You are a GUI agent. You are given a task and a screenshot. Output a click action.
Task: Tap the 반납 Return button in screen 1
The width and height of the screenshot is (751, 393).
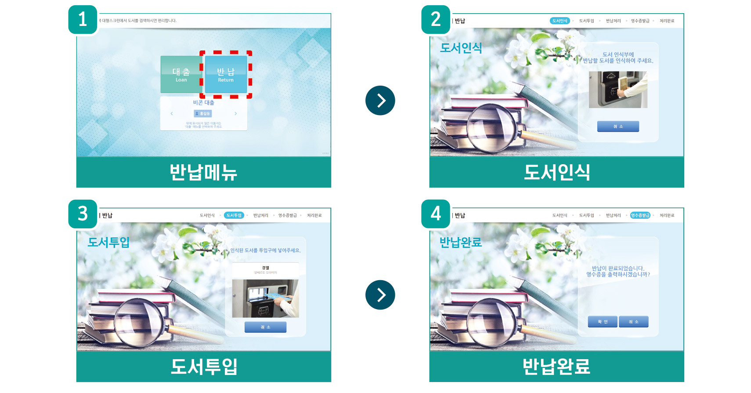(x=226, y=74)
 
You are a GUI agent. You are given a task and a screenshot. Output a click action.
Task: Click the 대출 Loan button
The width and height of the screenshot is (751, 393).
(x=181, y=74)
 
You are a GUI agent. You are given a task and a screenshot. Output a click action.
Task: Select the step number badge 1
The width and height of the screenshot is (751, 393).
(x=83, y=19)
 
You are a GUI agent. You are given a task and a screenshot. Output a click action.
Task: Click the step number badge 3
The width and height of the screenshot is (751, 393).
(x=83, y=214)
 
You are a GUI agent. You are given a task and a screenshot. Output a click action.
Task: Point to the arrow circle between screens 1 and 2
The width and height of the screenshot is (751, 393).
(x=380, y=101)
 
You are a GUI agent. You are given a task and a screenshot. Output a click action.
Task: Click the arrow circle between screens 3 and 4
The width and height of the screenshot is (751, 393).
(x=380, y=295)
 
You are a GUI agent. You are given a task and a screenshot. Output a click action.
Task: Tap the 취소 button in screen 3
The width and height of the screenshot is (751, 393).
(x=265, y=327)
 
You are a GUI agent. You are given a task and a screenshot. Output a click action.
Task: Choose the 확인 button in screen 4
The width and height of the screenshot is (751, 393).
(x=603, y=322)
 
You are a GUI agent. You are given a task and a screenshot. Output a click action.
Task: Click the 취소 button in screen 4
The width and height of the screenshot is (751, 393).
(x=633, y=322)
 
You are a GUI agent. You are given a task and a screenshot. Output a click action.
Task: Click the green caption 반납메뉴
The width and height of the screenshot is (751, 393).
(x=203, y=172)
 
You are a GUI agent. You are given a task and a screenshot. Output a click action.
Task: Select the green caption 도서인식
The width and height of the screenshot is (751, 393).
(x=556, y=172)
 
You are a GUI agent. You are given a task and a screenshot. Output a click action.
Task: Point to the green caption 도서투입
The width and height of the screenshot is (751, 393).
(x=203, y=367)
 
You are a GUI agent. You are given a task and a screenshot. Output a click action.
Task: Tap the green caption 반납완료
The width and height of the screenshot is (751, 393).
(x=556, y=367)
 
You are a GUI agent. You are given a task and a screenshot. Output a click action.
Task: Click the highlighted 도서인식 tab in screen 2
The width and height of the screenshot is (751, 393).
(x=560, y=21)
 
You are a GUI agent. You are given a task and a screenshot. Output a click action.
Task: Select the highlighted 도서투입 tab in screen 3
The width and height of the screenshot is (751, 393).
(x=234, y=216)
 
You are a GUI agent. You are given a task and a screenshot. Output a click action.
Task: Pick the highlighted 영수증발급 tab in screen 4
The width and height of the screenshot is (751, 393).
(x=640, y=216)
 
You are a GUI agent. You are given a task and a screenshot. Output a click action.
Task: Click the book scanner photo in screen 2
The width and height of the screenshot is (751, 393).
(x=618, y=90)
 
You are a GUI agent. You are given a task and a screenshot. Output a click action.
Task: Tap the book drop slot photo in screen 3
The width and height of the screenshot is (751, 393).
(x=265, y=298)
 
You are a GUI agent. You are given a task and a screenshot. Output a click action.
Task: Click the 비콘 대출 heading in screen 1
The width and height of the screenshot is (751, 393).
(x=203, y=103)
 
